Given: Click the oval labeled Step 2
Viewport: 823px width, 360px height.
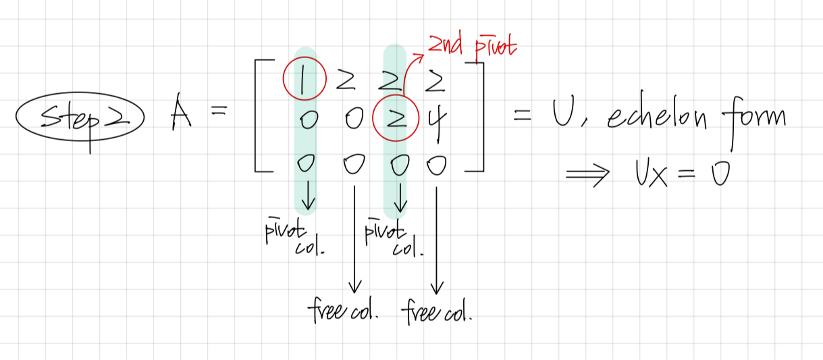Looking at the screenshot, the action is point(80,121).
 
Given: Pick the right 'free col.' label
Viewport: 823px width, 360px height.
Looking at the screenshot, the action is point(437,313).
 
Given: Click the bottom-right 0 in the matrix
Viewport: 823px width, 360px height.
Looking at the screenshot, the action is point(436,165).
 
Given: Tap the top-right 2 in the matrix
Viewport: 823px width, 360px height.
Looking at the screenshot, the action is point(435,82).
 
